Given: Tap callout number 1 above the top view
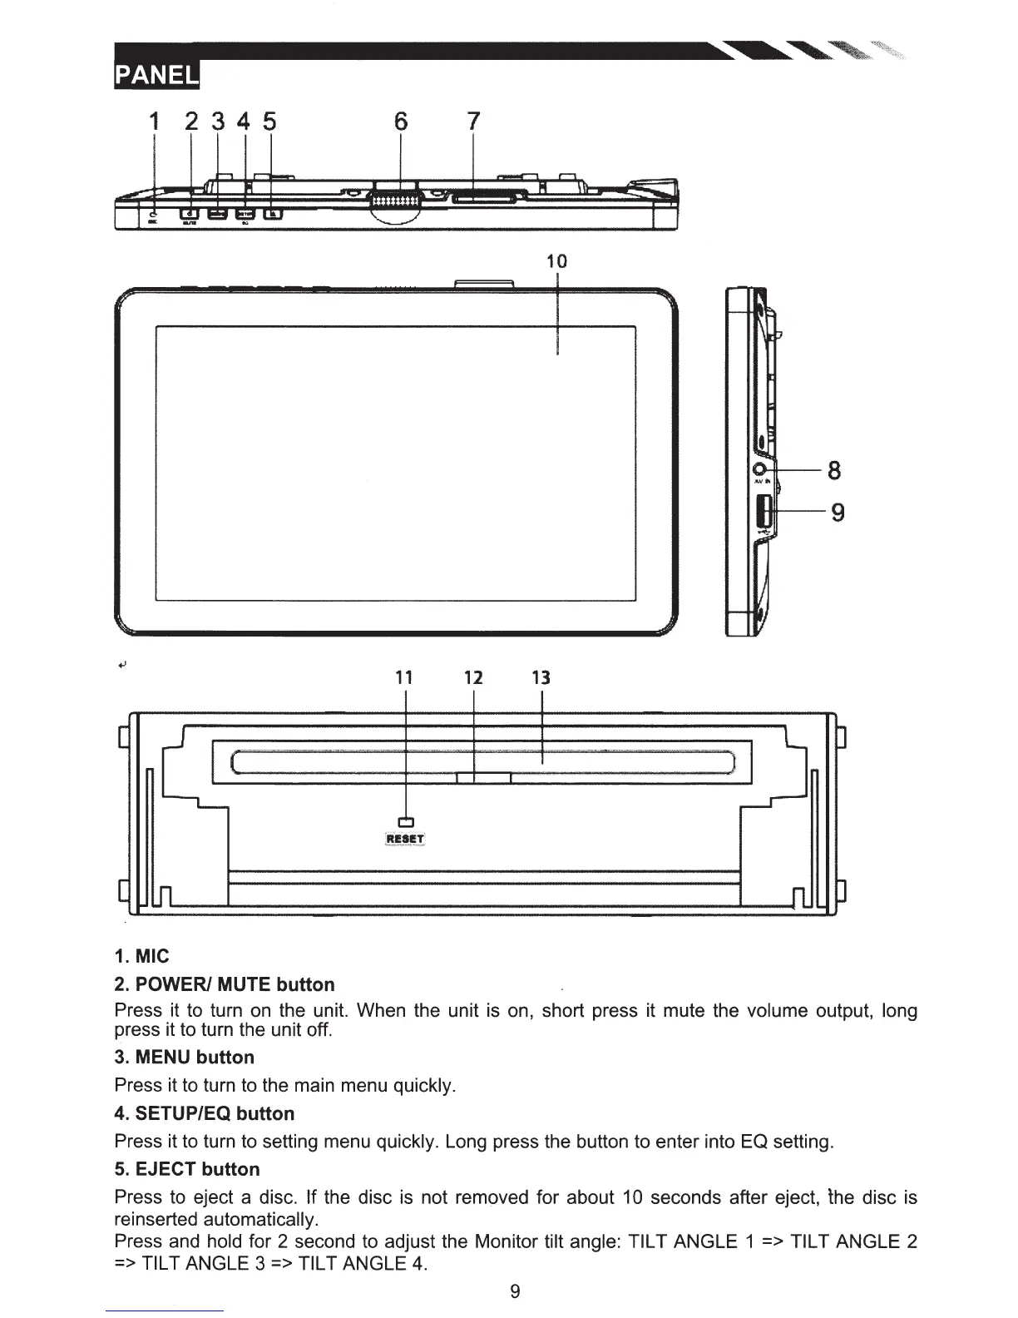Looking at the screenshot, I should (153, 121).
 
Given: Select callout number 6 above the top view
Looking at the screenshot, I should (401, 121).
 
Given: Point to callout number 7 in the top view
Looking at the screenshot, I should (473, 121).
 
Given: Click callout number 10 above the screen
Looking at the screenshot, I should (556, 260).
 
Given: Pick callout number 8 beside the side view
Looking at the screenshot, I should (834, 471).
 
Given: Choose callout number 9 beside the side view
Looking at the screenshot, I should (838, 512).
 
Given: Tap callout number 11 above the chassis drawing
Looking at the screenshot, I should (404, 677).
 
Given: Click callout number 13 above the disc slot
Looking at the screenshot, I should (541, 677).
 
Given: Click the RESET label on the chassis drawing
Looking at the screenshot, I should (405, 839).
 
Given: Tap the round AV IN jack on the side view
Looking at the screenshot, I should (759, 471).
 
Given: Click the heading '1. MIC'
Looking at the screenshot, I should (141, 956).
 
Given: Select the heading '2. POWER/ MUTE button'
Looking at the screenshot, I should (225, 984).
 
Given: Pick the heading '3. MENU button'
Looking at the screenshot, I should (185, 1058).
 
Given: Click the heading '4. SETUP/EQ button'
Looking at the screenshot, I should (205, 1113).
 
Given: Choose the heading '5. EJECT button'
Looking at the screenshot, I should (187, 1169).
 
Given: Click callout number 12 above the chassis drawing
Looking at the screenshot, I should (473, 677).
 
